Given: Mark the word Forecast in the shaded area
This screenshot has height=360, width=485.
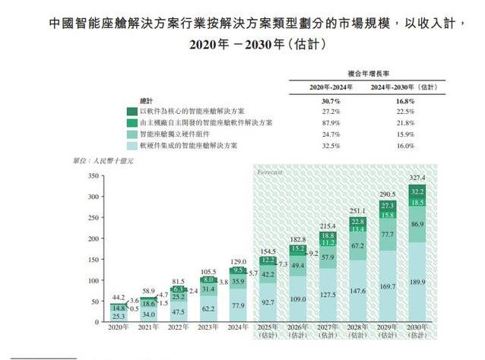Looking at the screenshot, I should tap(269, 172).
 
